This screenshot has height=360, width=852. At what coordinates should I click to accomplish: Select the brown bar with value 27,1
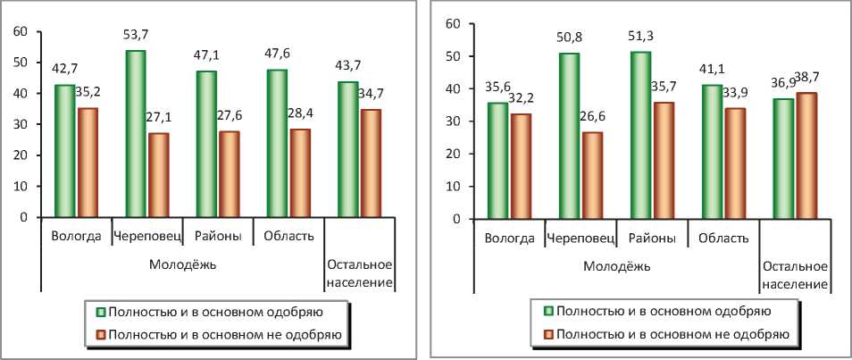click(158, 175)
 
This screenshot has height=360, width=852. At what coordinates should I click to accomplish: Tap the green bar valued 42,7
click(64, 151)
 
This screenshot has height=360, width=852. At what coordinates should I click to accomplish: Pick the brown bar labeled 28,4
click(300, 173)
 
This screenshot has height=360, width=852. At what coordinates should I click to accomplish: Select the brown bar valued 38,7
click(806, 155)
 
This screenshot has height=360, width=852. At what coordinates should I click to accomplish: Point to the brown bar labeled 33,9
click(735, 163)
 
